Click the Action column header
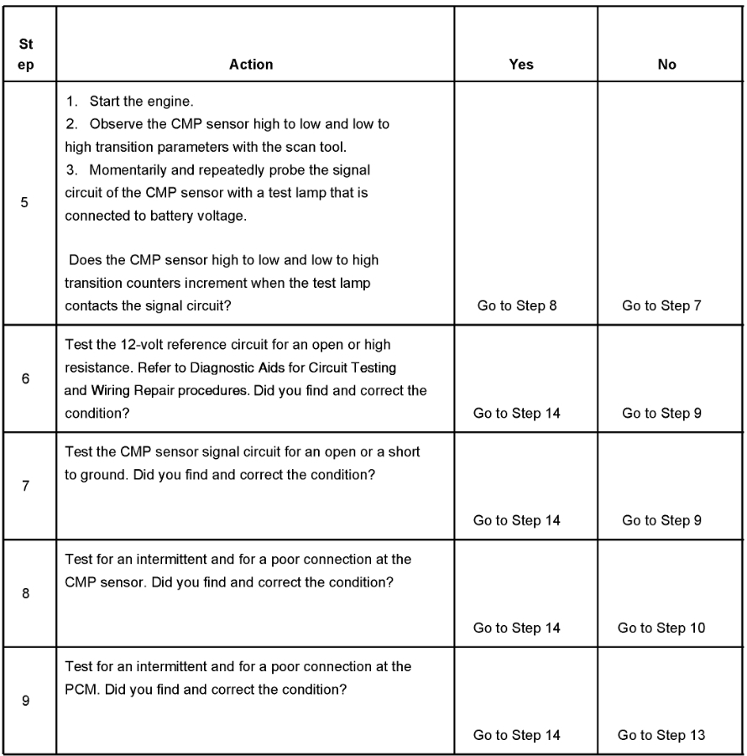(251, 65)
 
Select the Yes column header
(521, 65)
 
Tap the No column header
(667, 65)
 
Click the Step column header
(27, 55)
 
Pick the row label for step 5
(26, 202)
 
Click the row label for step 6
(26, 379)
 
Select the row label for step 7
(26, 487)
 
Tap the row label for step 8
(26, 594)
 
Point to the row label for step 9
(26, 701)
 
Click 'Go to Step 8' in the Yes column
(517, 306)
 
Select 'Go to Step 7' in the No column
(662, 306)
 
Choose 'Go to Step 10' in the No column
(661, 628)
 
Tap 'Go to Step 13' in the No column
(661, 735)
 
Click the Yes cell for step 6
(517, 413)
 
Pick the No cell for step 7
(662, 520)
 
